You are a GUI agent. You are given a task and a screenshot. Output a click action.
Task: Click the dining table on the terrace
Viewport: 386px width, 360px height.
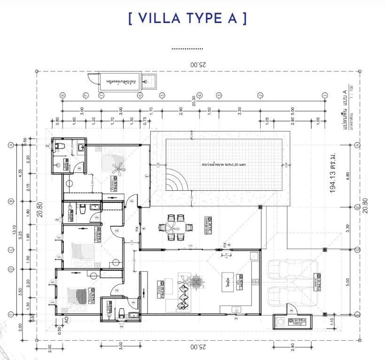pos(177,228)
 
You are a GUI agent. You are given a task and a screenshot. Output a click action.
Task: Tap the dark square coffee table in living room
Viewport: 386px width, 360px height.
pos(196,282)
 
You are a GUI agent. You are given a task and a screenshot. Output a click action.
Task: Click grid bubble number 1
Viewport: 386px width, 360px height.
pos(324,95)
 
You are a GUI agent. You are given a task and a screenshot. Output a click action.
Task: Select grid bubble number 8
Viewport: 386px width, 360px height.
pos(62,95)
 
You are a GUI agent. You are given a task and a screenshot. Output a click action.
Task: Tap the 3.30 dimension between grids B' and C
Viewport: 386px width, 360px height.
pos(348,228)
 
